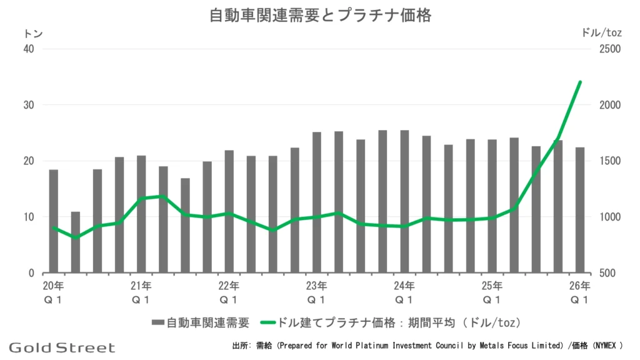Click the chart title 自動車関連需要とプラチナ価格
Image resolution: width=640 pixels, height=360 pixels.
[320, 16]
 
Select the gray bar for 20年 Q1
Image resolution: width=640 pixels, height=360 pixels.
[54, 221]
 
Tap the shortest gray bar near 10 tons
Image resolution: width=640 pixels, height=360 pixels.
[76, 242]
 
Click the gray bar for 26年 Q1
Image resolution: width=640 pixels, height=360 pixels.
[579, 210]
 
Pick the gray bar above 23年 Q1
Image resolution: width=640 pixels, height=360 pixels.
[317, 202]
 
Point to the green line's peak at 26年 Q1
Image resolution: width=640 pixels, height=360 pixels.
[580, 82]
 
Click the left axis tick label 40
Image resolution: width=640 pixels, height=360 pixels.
[29, 49]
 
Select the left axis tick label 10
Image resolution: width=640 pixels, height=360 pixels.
[29, 217]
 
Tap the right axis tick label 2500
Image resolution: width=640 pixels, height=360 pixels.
[610, 49]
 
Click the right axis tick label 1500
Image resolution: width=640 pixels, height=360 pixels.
[610, 161]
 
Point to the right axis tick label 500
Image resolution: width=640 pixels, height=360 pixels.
[607, 273]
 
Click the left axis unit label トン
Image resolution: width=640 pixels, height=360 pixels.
[34, 34]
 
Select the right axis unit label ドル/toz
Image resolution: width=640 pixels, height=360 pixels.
[601, 32]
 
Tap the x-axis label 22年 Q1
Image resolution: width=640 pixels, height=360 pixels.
[229, 292]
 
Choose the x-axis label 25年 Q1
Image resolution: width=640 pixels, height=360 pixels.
[492, 292]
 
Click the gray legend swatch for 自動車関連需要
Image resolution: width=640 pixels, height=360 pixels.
[158, 322]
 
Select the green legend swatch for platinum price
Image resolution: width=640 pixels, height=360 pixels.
[267, 322]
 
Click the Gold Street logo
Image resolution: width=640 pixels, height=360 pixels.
[62, 347]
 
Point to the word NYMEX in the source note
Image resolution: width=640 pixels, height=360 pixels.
[605, 346]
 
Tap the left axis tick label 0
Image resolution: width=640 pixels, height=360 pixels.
[31, 273]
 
